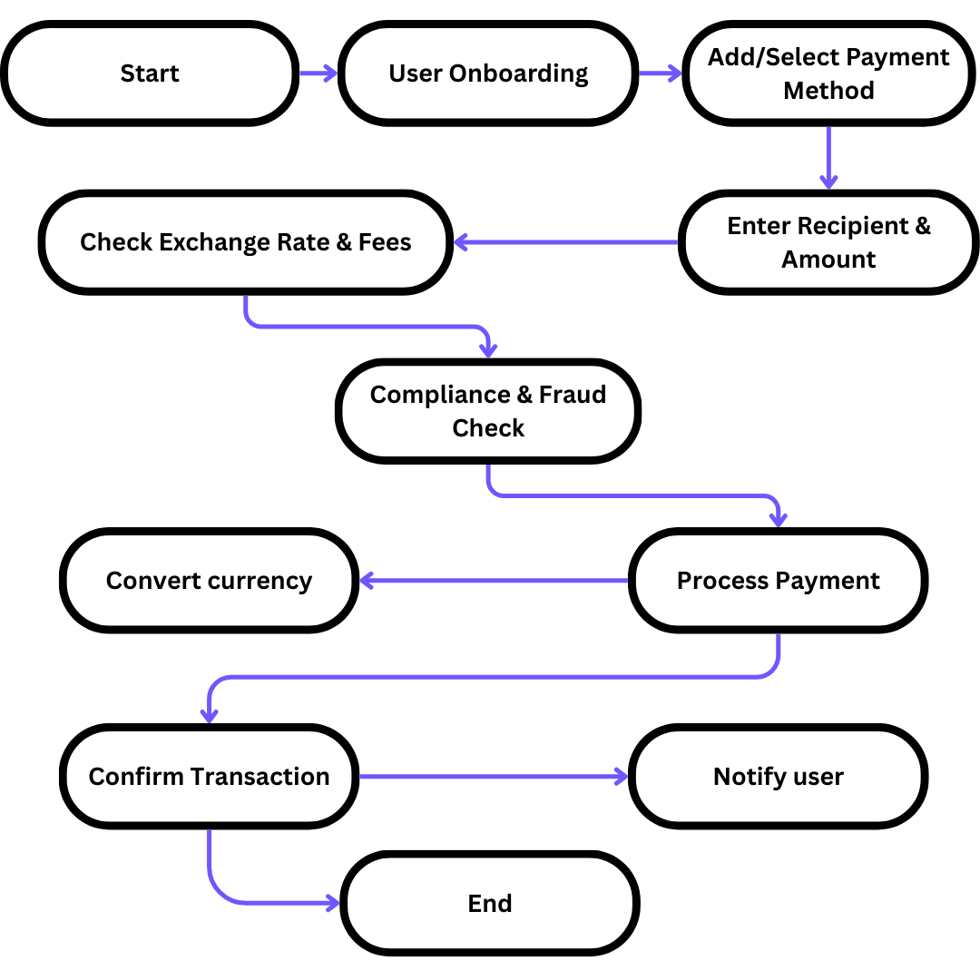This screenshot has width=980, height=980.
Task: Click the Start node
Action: pos(150,73)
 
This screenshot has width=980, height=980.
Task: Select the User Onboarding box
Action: pos(488,73)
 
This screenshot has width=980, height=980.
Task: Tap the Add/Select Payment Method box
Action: pos(828,73)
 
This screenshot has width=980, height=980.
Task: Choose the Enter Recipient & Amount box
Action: pos(828,242)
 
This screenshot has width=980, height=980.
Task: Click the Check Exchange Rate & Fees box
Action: pos(246,242)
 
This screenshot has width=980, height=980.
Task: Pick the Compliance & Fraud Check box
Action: pos(488,411)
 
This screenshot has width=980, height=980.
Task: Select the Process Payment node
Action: pos(778,581)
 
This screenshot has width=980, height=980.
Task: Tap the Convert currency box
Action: pos(209,581)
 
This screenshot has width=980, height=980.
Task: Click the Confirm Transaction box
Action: pos(209,777)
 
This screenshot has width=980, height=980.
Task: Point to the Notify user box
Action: pos(778,777)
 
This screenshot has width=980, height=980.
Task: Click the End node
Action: pos(490,904)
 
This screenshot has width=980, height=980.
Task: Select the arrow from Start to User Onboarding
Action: pos(318,73)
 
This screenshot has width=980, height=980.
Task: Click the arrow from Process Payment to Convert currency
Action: pos(495,581)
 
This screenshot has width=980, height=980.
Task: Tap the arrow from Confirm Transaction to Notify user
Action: pos(495,777)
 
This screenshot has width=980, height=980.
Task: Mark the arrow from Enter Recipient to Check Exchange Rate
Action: pos(566,242)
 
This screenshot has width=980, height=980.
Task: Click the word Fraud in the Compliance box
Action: pos(573,395)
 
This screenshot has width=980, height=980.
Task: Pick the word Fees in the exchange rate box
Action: pos(385,242)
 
